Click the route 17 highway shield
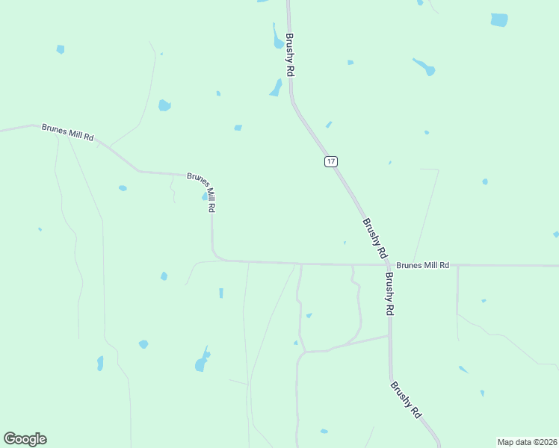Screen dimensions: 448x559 coord(331,161)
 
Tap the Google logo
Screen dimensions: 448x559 coord(25,439)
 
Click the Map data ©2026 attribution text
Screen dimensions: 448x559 coord(527,441)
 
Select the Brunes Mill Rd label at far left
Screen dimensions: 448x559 coord(68,132)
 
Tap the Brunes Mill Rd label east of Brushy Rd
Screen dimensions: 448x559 coord(422,265)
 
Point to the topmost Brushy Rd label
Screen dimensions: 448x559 coord(289,54)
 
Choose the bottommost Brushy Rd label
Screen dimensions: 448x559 coord(406,399)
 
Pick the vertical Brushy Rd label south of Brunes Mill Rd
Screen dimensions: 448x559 coord(389,293)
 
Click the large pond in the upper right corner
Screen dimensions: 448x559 coord(499,19)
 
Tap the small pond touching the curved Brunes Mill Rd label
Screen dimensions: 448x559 coord(204,197)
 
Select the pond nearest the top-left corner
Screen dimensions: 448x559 coord(61,49)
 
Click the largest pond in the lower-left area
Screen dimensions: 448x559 coord(202,361)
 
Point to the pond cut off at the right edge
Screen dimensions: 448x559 coord(555,234)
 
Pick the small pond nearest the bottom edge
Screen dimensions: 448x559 coord(324,431)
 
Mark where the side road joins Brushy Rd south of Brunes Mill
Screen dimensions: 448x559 coord(389,335)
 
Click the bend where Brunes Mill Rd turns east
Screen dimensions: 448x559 coord(216,256)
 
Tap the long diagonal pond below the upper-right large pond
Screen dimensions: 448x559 coord(424,67)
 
